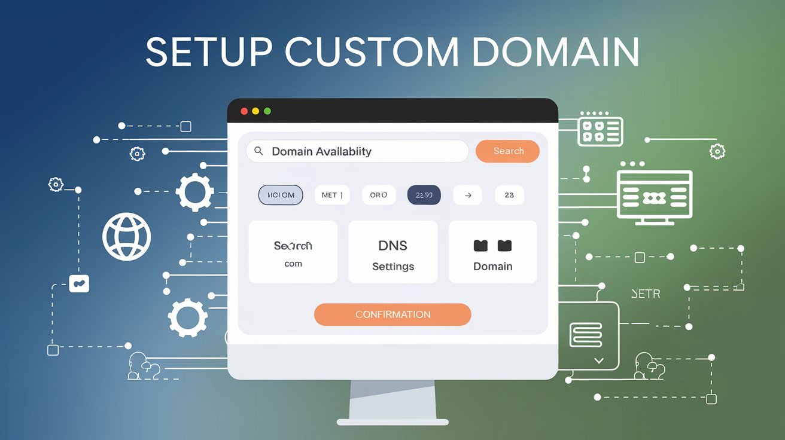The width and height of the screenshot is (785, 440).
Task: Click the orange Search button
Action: coord(507,151)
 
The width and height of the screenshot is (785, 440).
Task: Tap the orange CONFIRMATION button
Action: coord(392,314)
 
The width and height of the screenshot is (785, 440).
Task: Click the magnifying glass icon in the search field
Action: coord(258,151)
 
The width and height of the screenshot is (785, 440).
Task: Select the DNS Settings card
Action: coord(392,252)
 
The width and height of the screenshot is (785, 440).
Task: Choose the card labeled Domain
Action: coord(492,252)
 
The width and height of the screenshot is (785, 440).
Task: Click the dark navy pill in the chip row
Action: coord(424,195)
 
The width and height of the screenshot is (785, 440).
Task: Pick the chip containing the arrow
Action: coord(467,195)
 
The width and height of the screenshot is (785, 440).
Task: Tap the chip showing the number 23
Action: coord(509,195)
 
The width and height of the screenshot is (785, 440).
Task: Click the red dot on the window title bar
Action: coord(244,111)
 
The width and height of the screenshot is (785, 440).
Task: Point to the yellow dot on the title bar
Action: coord(255,111)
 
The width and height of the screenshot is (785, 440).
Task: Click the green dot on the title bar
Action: coord(267,111)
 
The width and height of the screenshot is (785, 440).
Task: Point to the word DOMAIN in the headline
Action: coord(555,53)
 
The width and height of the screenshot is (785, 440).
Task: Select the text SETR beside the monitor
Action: coord(646,294)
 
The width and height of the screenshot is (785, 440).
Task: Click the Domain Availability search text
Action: coord(321,152)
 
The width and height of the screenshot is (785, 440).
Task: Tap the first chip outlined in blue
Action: coord(281,195)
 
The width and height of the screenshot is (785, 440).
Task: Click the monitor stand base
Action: coord(392,422)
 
